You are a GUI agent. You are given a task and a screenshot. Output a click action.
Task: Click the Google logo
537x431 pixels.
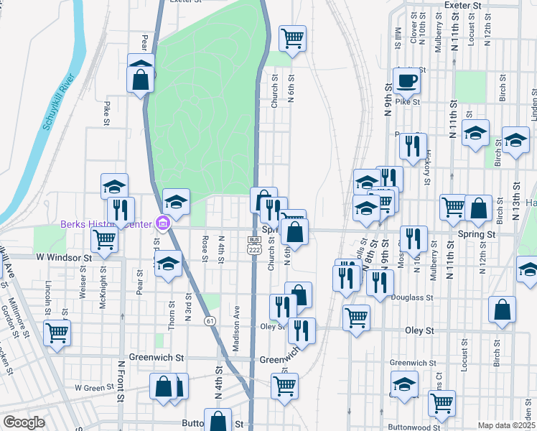click(x=24, y=422)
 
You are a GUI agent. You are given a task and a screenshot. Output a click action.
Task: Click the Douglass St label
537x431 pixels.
click(x=412, y=297)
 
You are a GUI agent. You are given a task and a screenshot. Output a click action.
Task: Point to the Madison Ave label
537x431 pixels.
click(x=235, y=329)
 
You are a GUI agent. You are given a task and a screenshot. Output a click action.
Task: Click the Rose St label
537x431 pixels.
click(x=205, y=249)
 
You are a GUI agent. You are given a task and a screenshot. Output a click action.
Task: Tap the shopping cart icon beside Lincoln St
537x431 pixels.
click(x=57, y=333)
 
